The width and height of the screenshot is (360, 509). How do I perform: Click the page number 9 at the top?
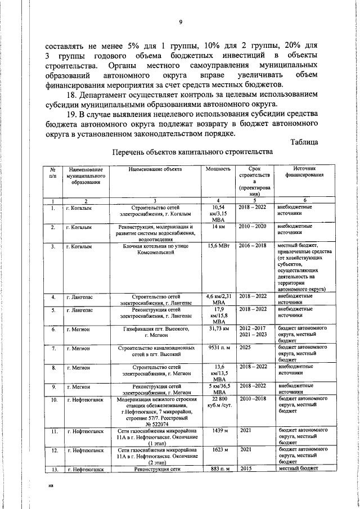click(180, 22)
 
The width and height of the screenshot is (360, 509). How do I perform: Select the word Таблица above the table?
click(304, 141)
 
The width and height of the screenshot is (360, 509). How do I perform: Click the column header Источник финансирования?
click(304, 172)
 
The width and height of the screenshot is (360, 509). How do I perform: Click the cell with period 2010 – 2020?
click(253, 226)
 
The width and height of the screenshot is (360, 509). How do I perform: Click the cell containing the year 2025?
click(246, 348)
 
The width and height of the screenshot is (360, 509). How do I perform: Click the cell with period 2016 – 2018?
click(253, 246)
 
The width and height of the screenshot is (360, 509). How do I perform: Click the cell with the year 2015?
click(246, 469)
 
